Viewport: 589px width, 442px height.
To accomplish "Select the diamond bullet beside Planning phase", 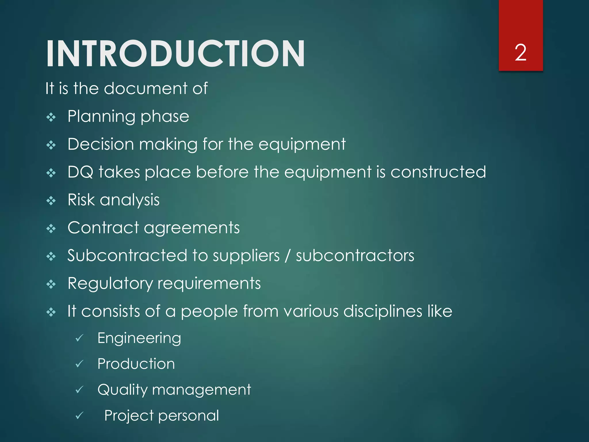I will (x=51, y=117).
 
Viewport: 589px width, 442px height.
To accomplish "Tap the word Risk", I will (x=81, y=200).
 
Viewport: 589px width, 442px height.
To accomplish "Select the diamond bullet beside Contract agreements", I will (x=51, y=229).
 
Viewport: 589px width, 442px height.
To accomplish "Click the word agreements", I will (x=192, y=228).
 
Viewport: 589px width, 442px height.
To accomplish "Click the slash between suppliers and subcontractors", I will (x=287, y=256).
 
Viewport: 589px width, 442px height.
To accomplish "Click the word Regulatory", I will (x=110, y=284).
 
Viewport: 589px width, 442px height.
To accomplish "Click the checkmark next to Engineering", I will (x=79, y=338).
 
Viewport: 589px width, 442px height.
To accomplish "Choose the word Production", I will (x=136, y=364).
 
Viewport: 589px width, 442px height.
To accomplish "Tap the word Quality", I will (x=122, y=390).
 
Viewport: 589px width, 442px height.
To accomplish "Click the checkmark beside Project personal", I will (x=79, y=416).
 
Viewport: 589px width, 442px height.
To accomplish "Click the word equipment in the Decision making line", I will (x=302, y=144).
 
